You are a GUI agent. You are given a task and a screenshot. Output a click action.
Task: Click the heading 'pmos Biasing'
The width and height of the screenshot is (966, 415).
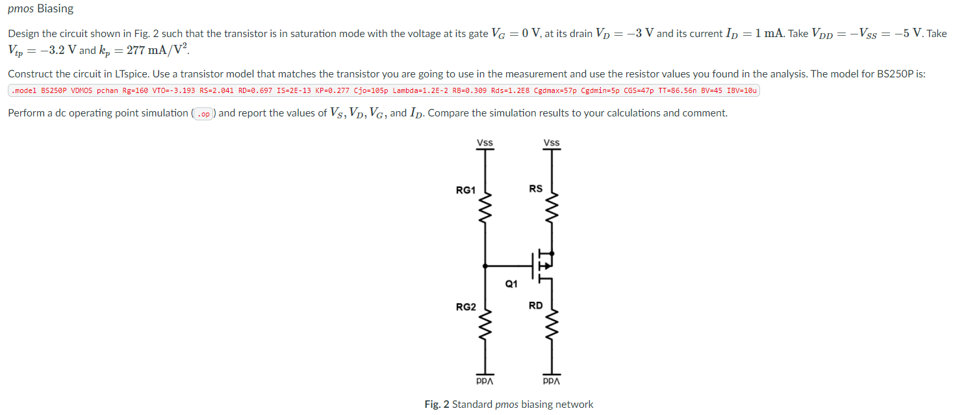point(40,9)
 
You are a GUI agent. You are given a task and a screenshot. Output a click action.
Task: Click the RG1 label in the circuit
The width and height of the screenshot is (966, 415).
point(465,190)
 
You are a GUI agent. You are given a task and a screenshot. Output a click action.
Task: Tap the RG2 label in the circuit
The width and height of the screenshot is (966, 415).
point(465,307)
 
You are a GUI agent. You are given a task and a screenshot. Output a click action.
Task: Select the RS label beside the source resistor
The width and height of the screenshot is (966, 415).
point(535,189)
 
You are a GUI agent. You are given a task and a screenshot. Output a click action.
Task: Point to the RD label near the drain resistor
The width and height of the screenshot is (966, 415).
point(535,305)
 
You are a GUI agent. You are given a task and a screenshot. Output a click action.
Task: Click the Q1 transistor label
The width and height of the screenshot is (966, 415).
point(511,284)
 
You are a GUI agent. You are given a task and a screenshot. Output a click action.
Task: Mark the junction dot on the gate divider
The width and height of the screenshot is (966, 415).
point(485,265)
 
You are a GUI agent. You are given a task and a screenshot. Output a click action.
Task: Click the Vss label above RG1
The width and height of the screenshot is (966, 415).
point(485,143)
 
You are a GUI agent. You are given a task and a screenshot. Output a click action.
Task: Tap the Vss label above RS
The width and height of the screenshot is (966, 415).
point(552,143)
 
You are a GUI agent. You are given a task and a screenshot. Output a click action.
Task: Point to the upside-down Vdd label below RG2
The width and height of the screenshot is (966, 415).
point(485,381)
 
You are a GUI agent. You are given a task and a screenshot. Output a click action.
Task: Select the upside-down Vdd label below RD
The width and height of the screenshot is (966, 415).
point(552,381)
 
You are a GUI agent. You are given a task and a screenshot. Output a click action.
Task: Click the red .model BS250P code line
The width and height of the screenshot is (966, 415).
point(383,90)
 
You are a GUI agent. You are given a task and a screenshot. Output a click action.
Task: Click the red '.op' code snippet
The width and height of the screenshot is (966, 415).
point(204,114)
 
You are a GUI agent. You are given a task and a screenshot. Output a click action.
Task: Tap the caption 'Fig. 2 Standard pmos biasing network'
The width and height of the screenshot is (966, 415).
point(509,405)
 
